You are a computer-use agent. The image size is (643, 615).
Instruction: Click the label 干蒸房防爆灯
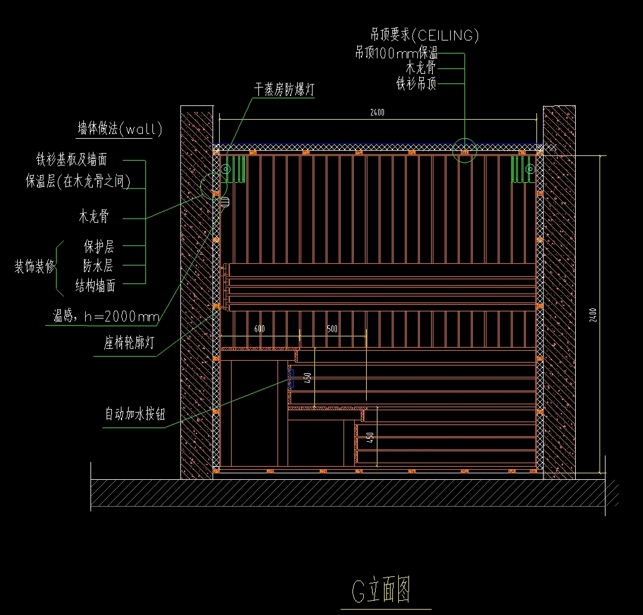[x=284, y=90]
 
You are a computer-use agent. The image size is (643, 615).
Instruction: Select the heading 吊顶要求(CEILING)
[x=424, y=35]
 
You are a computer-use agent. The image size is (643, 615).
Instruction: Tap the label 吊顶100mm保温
[x=396, y=53]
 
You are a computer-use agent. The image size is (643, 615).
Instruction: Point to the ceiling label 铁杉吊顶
[x=416, y=83]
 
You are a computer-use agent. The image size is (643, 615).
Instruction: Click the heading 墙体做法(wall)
[x=120, y=129]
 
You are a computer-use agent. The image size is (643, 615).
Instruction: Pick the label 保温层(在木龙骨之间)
[x=78, y=181]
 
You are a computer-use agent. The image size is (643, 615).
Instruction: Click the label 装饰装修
[x=35, y=266]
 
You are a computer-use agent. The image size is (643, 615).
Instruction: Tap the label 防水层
[x=98, y=266]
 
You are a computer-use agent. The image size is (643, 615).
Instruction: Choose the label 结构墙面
[x=95, y=286]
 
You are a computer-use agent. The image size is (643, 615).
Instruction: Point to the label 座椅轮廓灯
[x=129, y=344]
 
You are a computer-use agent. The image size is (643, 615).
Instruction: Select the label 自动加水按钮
[x=135, y=414]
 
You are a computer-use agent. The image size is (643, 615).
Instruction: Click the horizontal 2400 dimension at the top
[x=377, y=112]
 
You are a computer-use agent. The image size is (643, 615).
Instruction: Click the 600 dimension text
[x=260, y=329]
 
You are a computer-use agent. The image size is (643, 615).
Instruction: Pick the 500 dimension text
[x=332, y=329]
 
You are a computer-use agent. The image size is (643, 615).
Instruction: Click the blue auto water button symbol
[x=291, y=378]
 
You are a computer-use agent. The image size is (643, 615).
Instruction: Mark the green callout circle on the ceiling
[x=464, y=150]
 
